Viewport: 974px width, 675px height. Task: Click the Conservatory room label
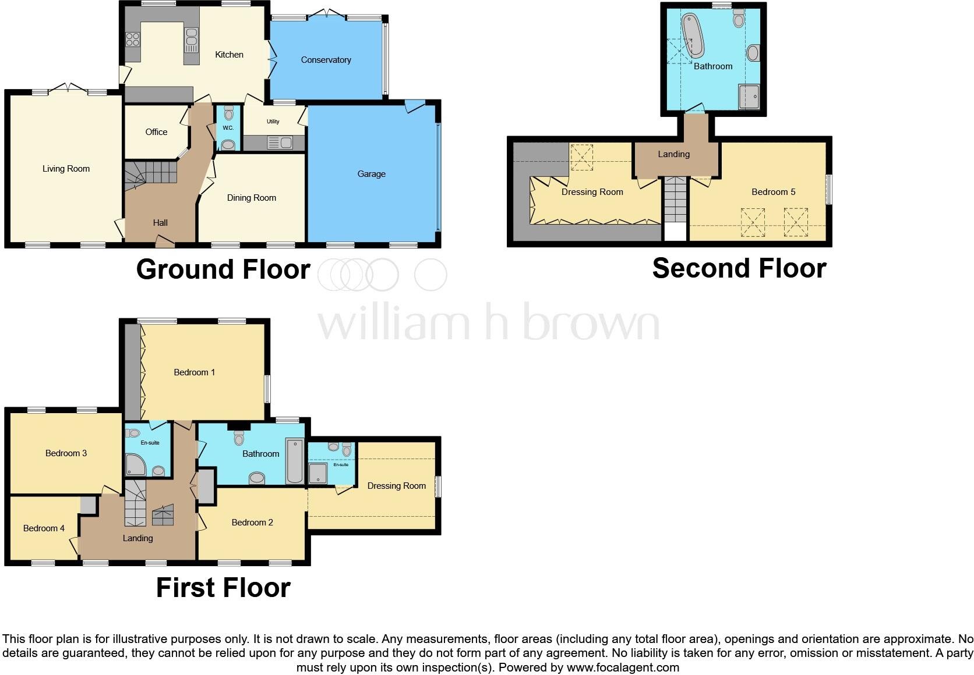click(326, 60)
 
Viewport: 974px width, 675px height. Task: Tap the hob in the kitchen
click(133, 40)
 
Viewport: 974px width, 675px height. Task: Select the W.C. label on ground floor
click(228, 128)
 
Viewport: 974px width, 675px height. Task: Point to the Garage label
click(371, 174)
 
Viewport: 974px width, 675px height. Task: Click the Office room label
click(156, 132)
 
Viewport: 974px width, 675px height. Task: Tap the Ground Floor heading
click(223, 269)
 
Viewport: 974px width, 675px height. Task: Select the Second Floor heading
click(739, 268)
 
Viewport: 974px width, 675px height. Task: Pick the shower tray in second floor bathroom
click(749, 97)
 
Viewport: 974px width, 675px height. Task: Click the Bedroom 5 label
click(773, 192)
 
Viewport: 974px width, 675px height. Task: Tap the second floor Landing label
click(673, 154)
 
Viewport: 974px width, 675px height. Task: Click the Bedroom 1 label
click(195, 372)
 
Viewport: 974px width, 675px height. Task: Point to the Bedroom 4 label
click(44, 528)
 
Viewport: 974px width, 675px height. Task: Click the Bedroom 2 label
click(252, 523)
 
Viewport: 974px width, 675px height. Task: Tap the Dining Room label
click(251, 198)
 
